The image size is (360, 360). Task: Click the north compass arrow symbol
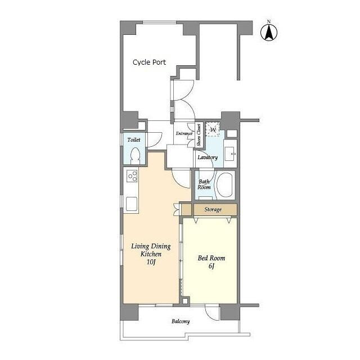(269, 31)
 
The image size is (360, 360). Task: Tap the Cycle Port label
(149, 62)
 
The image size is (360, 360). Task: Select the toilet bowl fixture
(135, 156)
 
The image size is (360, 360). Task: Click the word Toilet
(134, 139)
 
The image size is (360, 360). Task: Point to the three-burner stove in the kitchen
(132, 176)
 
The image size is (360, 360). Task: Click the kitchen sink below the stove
(132, 204)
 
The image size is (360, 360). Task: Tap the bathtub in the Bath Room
(225, 185)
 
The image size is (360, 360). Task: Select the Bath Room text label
(204, 184)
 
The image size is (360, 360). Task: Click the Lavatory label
(208, 157)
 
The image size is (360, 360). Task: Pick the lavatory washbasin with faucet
(229, 154)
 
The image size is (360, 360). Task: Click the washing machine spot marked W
(213, 129)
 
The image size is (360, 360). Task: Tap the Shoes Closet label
(199, 135)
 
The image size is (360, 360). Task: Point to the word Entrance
(184, 133)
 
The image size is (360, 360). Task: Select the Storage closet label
(213, 209)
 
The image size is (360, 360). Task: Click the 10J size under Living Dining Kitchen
(151, 262)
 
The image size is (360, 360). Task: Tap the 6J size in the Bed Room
(211, 266)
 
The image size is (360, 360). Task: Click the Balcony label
(181, 321)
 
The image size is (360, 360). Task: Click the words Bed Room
(211, 258)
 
